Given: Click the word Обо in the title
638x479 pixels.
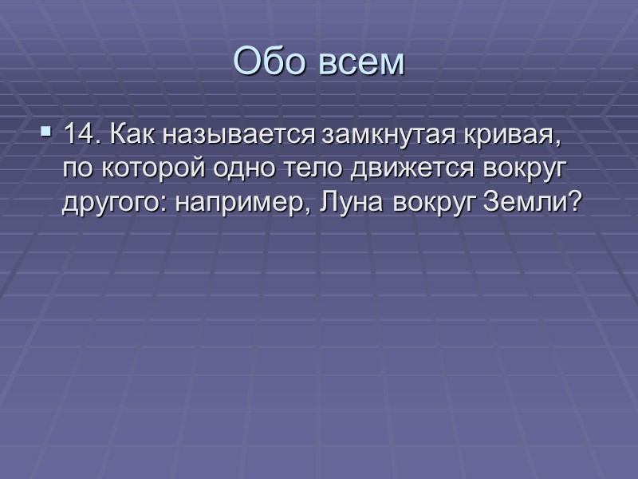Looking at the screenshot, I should [268, 62].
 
